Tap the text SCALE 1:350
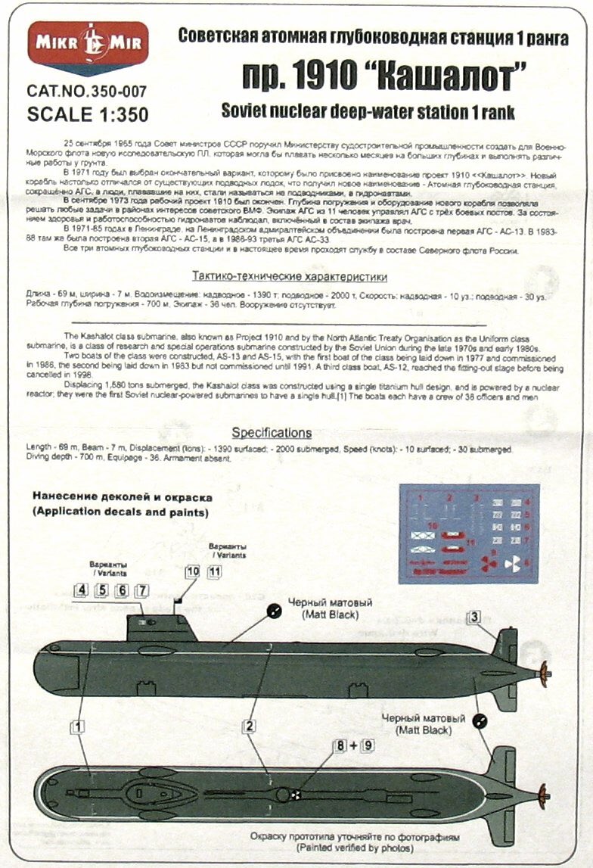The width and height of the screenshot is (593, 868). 87,114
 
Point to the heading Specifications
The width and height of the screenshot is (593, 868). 272,433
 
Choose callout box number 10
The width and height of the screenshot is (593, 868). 193,572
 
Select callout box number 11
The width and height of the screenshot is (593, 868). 215,572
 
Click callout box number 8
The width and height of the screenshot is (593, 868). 342,745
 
